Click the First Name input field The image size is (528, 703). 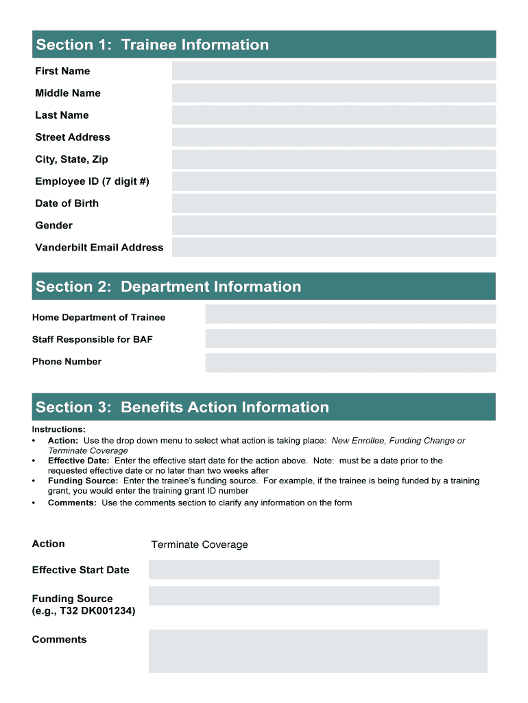click(333, 71)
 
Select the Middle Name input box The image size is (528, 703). click(333, 93)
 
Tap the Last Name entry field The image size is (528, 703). click(333, 115)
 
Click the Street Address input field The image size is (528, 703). click(333, 137)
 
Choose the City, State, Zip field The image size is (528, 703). click(333, 159)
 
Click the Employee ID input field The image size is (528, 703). click(333, 181)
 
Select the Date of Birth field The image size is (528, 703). click(333, 203)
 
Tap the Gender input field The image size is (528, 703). click(333, 225)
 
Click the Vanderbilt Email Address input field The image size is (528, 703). click(333, 247)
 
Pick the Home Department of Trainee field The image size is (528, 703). click(350, 314)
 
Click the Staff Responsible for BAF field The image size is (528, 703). click(350, 338)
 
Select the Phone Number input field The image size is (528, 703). click(350, 362)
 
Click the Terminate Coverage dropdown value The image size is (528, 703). click(200, 544)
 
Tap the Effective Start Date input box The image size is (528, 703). click(293, 570)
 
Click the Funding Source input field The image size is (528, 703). click(293, 596)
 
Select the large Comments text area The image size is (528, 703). click(317, 651)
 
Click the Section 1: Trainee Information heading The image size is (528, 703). click(152, 45)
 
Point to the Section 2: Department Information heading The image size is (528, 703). click(169, 286)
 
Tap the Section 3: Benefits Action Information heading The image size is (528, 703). click(182, 407)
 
